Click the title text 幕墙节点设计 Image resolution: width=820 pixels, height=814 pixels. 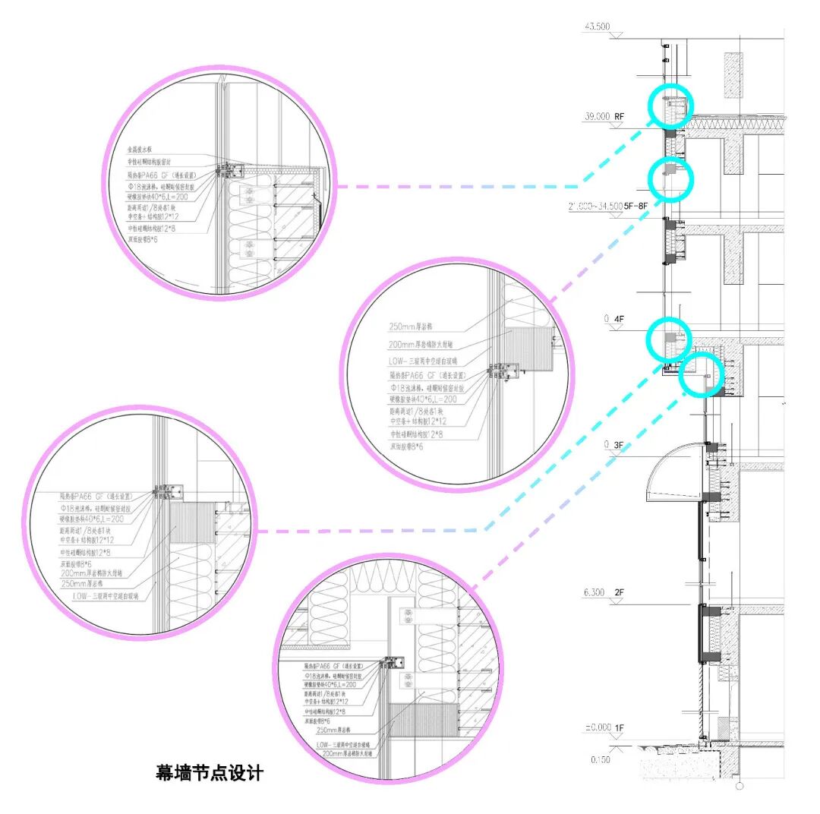210,773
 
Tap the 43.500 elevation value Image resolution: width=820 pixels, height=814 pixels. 597,27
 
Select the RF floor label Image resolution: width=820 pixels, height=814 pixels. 620,117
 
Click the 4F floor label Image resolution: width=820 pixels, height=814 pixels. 619,320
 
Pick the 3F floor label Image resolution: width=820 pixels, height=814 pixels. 619,444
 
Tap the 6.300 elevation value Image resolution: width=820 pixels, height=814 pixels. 595,592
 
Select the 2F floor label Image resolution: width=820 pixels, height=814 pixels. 619,592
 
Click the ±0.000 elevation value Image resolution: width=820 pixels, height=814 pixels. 598,727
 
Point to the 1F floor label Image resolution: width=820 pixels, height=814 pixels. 619,727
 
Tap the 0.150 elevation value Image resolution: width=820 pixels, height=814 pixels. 600,759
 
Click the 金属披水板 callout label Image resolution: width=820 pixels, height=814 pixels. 141,150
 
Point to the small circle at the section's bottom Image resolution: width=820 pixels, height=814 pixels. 739,785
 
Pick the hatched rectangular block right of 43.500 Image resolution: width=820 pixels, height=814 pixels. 733,74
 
